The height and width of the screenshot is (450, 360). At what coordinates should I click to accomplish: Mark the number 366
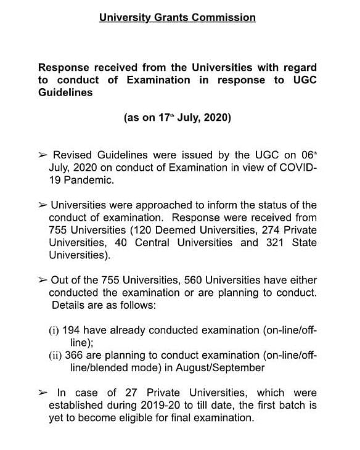(76, 355)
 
